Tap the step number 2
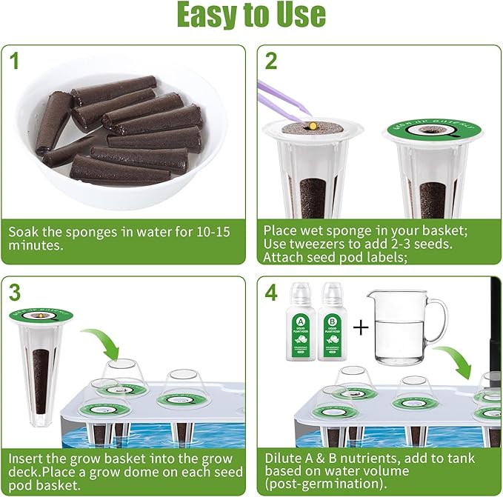tap(270, 61)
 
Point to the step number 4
tap(271, 293)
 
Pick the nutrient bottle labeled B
tap(333, 321)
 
